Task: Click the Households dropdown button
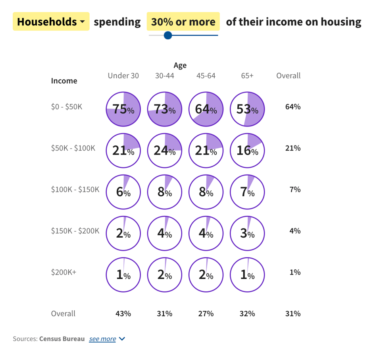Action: click(x=51, y=21)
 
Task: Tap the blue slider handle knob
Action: click(x=168, y=35)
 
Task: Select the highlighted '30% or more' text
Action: click(x=183, y=21)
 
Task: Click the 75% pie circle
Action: click(x=123, y=109)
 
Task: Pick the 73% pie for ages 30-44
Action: click(x=165, y=109)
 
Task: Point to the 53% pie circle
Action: click(x=247, y=109)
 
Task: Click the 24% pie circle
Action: click(x=165, y=151)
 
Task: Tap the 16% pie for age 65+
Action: click(x=247, y=151)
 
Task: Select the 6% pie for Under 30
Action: click(x=123, y=192)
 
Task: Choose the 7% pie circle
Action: click(x=247, y=192)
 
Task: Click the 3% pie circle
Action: click(x=247, y=233)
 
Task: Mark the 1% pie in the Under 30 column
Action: click(x=123, y=275)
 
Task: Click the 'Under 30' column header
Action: click(x=123, y=75)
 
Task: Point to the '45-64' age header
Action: click(x=206, y=75)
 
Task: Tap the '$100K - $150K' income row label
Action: click(x=75, y=190)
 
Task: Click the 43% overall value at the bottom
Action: click(x=123, y=314)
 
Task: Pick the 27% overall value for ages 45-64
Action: click(x=206, y=314)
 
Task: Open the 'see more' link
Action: click(x=102, y=339)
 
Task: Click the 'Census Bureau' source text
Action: click(x=62, y=339)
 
